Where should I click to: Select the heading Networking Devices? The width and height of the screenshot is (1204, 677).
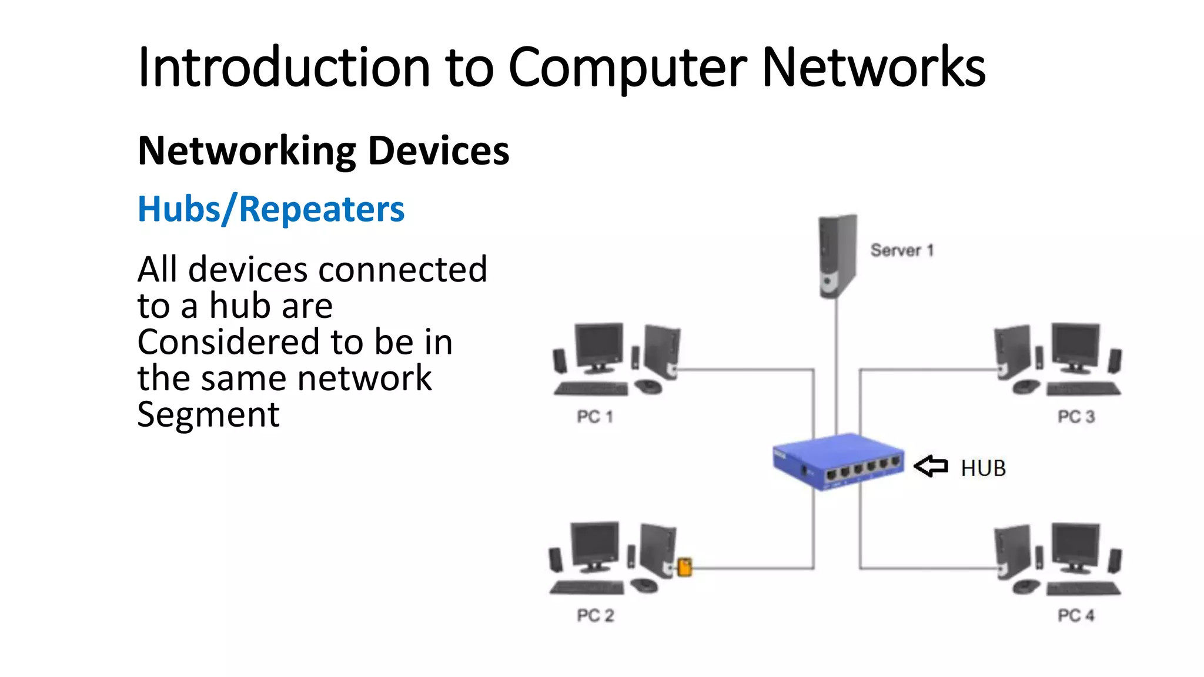323,151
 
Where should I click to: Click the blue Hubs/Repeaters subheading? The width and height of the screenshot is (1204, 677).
271,209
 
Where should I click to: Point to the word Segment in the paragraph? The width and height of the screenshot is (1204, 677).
208,414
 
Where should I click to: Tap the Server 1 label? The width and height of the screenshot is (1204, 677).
902,250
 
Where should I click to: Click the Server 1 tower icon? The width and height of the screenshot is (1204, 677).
837,256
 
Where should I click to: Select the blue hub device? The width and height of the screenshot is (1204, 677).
838,461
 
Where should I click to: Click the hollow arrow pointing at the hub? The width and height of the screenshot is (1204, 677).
931,467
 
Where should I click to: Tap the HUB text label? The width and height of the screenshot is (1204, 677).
983,468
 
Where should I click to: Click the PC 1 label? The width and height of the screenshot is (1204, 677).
595,417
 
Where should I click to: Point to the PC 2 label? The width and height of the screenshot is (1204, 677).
595,615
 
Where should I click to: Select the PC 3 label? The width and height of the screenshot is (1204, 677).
1076,417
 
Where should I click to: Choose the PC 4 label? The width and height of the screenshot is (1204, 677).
1076,615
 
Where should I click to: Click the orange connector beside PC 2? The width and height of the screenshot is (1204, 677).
684,567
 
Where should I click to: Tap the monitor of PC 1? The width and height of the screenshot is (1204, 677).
599,346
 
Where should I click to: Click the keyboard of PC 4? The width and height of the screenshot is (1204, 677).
1083,588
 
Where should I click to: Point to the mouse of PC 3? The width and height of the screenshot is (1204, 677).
1026,387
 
